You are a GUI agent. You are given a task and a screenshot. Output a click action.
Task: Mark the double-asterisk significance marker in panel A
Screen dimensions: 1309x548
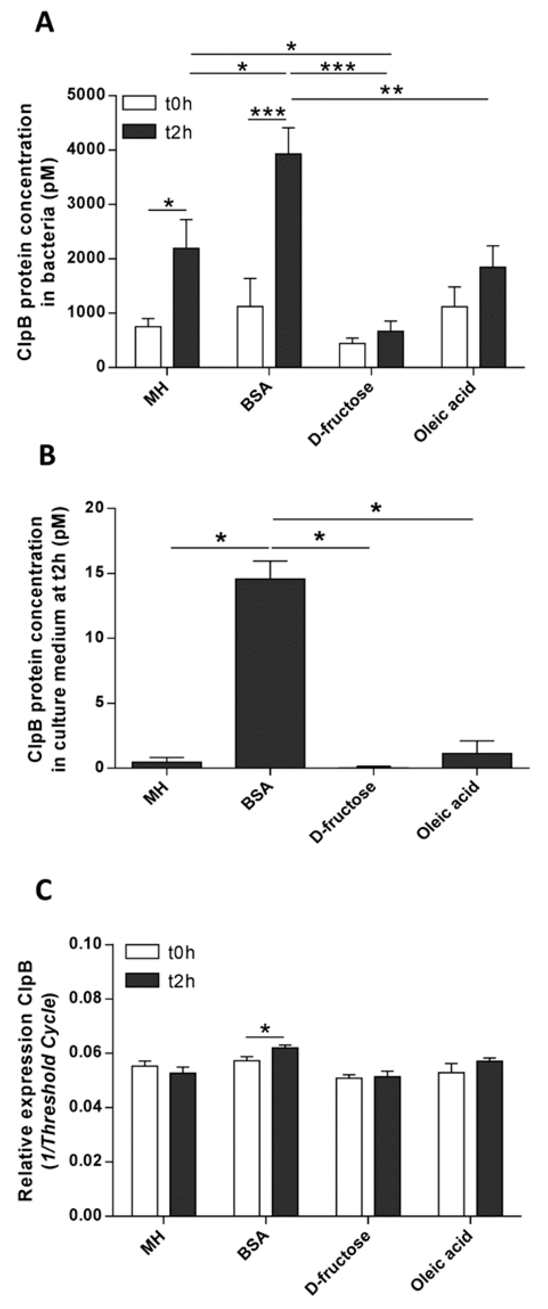[x=391, y=90]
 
